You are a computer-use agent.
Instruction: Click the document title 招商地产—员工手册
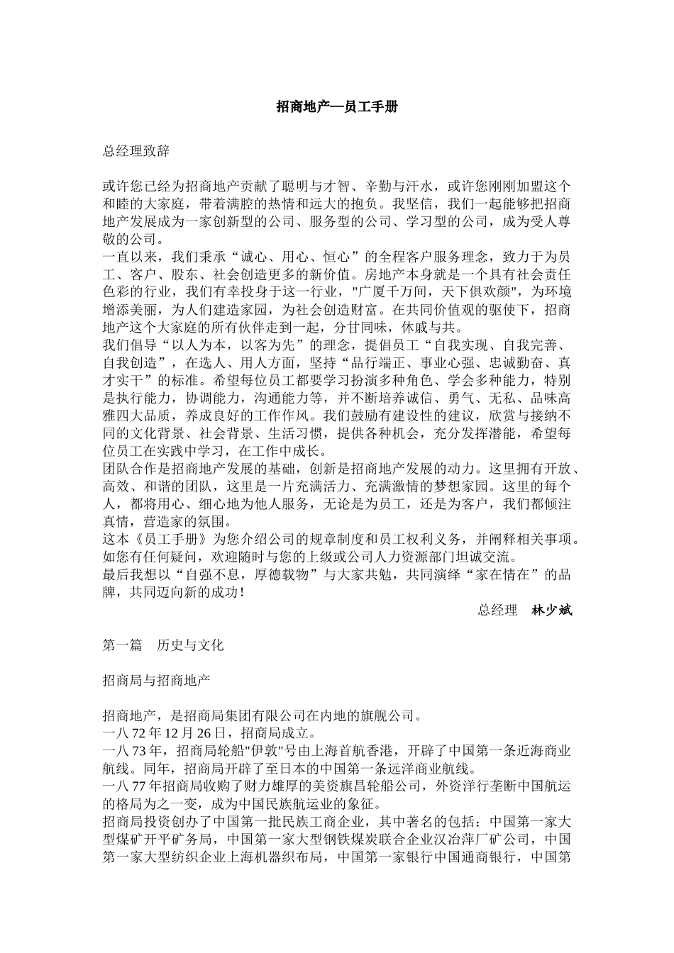pyautogui.click(x=336, y=107)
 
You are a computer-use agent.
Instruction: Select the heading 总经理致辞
pyautogui.click(x=136, y=151)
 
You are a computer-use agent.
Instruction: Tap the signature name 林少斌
pyautogui.click(x=551, y=610)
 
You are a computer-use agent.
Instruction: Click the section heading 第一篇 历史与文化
pyautogui.click(x=163, y=645)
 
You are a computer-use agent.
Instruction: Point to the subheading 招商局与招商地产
pyautogui.click(x=156, y=680)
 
